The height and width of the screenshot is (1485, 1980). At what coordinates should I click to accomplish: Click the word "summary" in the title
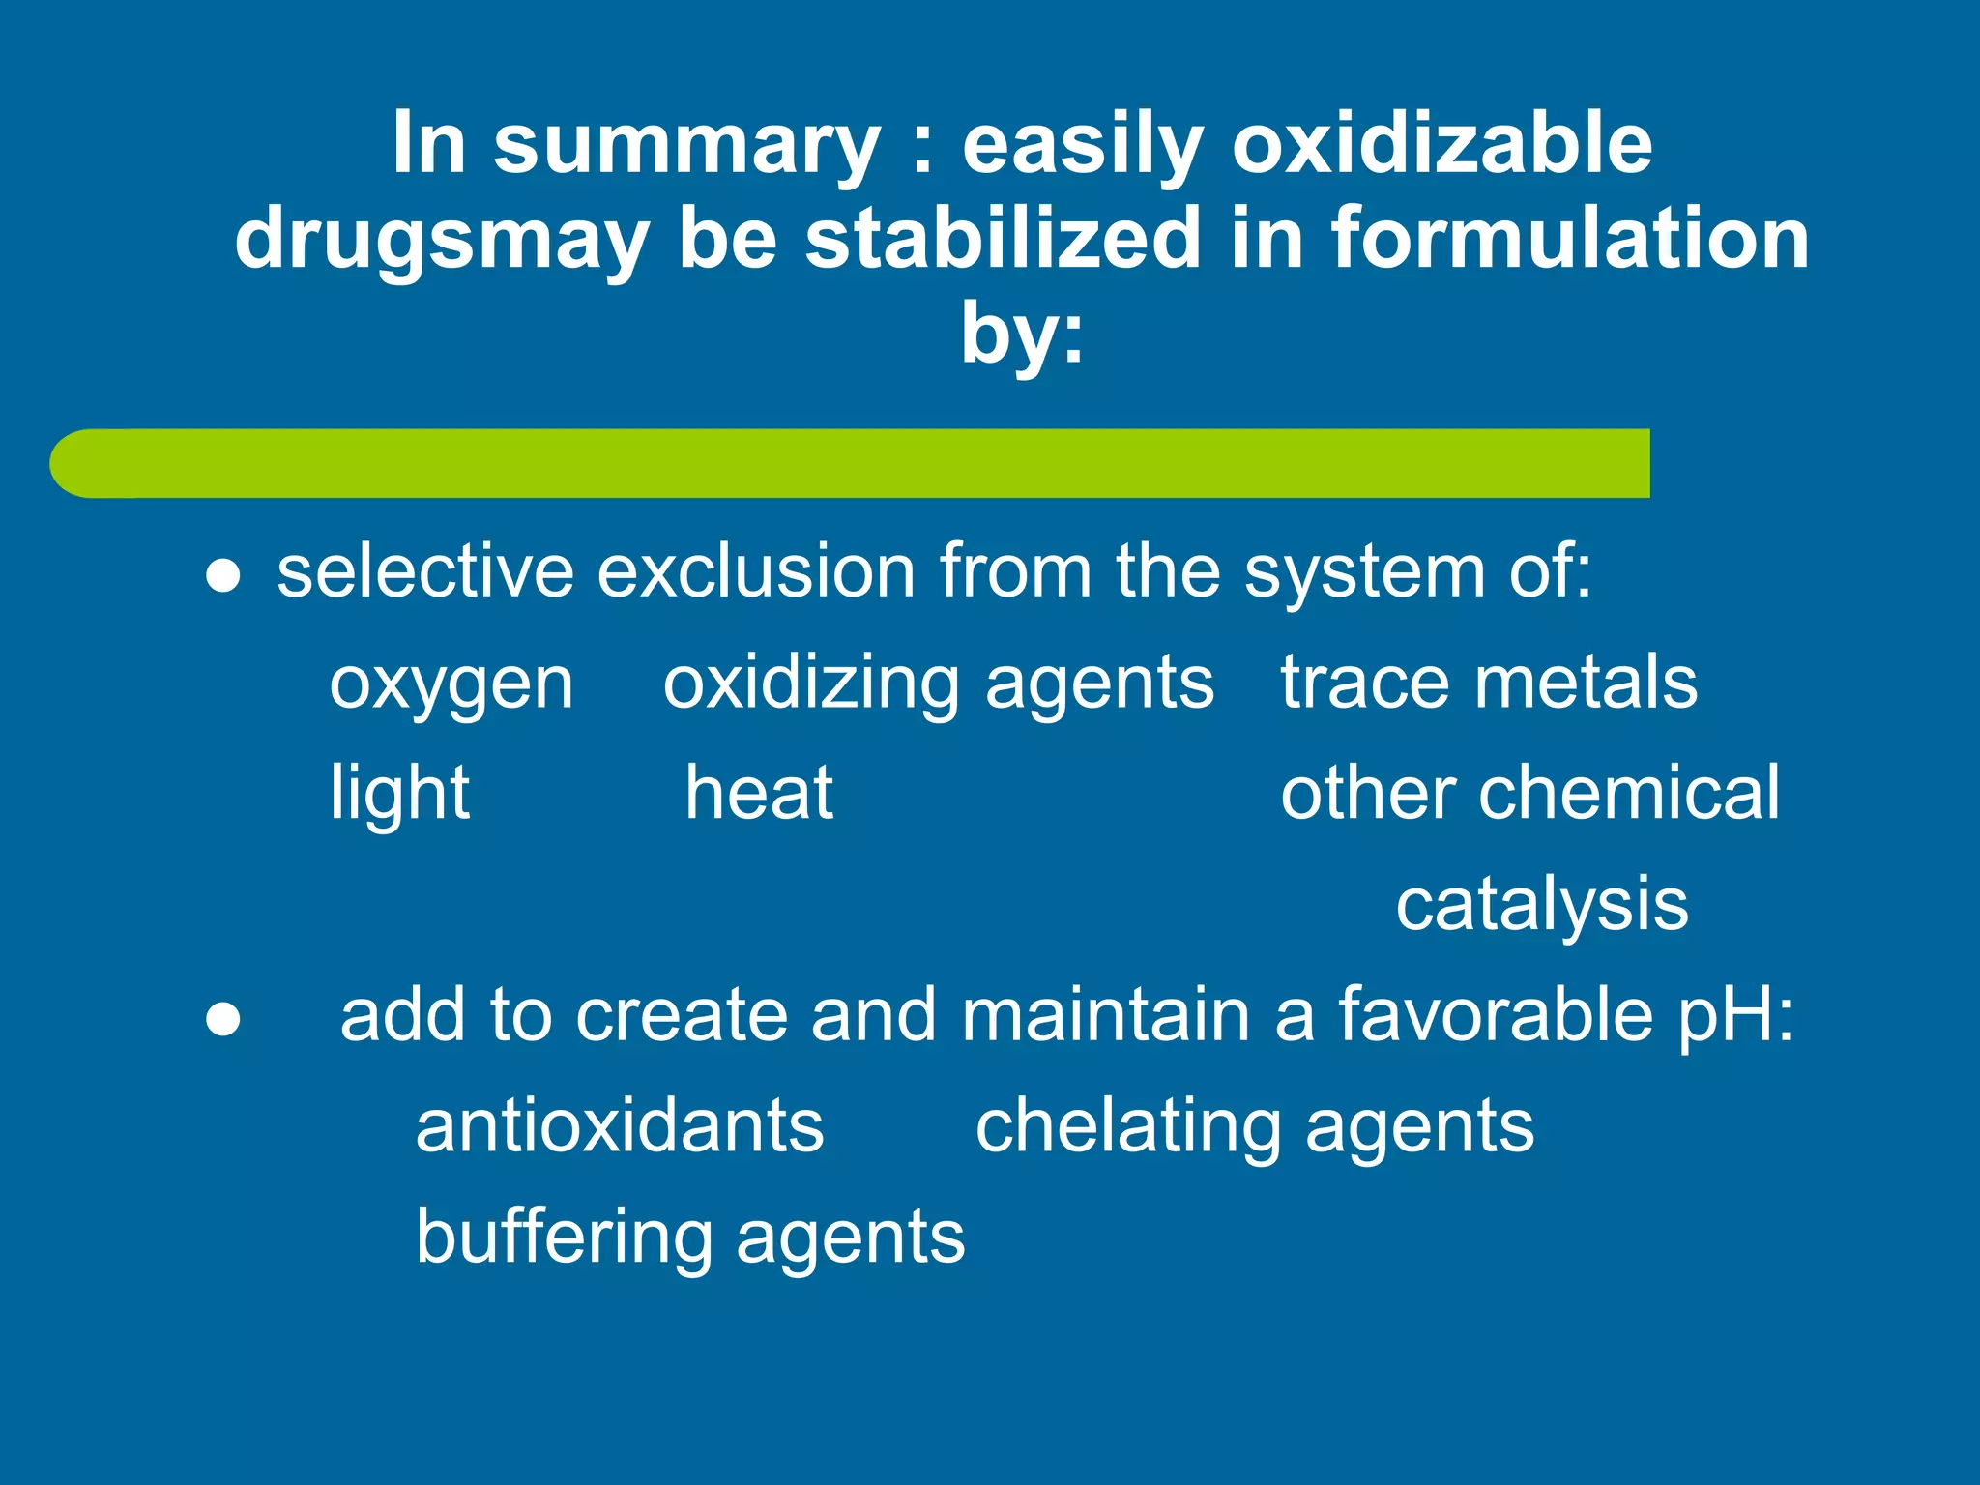pos(686,145)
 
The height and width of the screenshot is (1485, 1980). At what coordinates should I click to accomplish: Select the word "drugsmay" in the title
pos(441,240)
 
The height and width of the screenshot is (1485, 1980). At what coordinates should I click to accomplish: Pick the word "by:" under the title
pos(1022,334)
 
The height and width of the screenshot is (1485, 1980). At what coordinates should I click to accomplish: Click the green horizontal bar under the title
pos(851,463)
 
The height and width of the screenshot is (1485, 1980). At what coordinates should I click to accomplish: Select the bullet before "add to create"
pos(223,1020)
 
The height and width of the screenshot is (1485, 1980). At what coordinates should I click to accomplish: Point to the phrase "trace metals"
pos(1489,682)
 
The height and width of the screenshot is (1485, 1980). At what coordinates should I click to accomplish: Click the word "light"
pos(399,793)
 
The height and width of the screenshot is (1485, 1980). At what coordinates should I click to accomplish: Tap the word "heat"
pos(759,793)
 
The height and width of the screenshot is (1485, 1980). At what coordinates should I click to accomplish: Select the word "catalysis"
pos(1542,905)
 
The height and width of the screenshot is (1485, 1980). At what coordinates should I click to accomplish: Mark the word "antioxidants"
pos(620,1126)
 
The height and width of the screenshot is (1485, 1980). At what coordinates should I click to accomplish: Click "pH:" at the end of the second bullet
pos(1735,1017)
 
